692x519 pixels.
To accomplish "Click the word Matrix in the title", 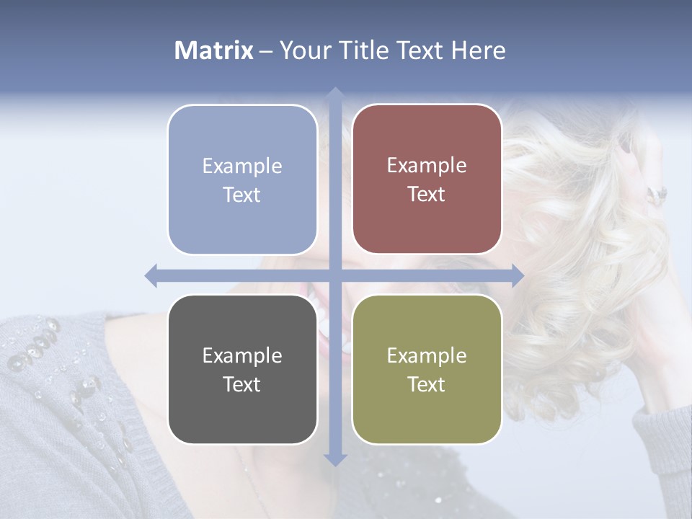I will coord(214,50).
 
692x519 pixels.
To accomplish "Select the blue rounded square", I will coord(242,179).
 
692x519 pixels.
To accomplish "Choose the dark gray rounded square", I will coord(242,369).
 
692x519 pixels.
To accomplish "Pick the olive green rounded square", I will coord(427,369).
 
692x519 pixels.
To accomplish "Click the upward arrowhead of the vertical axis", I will coord(334,93).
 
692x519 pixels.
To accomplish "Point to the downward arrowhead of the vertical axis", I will coord(334,459).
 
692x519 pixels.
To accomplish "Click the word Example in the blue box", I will coord(242,167).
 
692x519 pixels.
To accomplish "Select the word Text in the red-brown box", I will coord(427,195).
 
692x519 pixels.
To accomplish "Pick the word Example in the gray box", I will coord(242,356).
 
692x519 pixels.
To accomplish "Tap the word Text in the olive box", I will coord(427,385).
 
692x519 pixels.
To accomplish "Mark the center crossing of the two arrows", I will coord(334,275).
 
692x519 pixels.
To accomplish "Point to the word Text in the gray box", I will coord(242,385).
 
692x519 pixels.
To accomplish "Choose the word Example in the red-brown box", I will coord(427,166).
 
